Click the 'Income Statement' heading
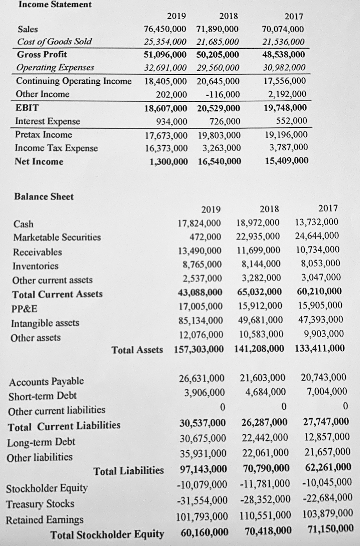tap(55, 5)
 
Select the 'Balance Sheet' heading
tap(44, 196)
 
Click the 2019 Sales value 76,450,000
tap(165, 29)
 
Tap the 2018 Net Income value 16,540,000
tap(219, 161)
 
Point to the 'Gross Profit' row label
tap(42, 55)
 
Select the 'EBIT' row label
tap(27, 107)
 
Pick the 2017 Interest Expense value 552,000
tap(291, 121)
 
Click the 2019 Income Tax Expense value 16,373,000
tap(166, 148)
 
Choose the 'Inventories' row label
tap(35, 266)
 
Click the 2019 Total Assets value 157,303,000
tap(199, 349)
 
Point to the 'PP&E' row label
tap(25, 309)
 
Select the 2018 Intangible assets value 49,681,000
tap(260, 320)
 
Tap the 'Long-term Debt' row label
tap(41, 442)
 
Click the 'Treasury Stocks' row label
tap(40, 504)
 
